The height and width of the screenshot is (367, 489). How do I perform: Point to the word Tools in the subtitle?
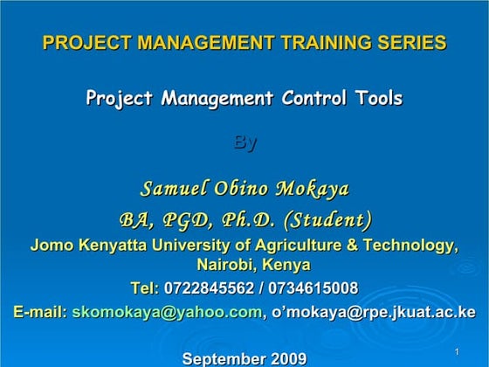tap(375, 98)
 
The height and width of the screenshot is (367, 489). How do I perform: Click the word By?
tap(244, 142)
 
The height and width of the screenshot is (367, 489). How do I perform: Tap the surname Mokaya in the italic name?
tap(312, 189)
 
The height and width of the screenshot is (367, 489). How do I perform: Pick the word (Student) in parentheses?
tap(328, 218)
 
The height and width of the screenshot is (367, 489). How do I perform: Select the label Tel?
tap(144, 288)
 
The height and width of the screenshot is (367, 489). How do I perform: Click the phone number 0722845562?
tap(208, 288)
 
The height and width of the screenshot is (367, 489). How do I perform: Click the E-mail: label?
tap(40, 311)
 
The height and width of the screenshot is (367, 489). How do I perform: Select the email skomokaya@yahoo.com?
tap(167, 311)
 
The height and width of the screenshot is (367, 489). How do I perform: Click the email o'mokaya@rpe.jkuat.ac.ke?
tap(374, 311)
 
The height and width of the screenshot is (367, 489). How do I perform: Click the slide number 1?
tap(457, 351)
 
